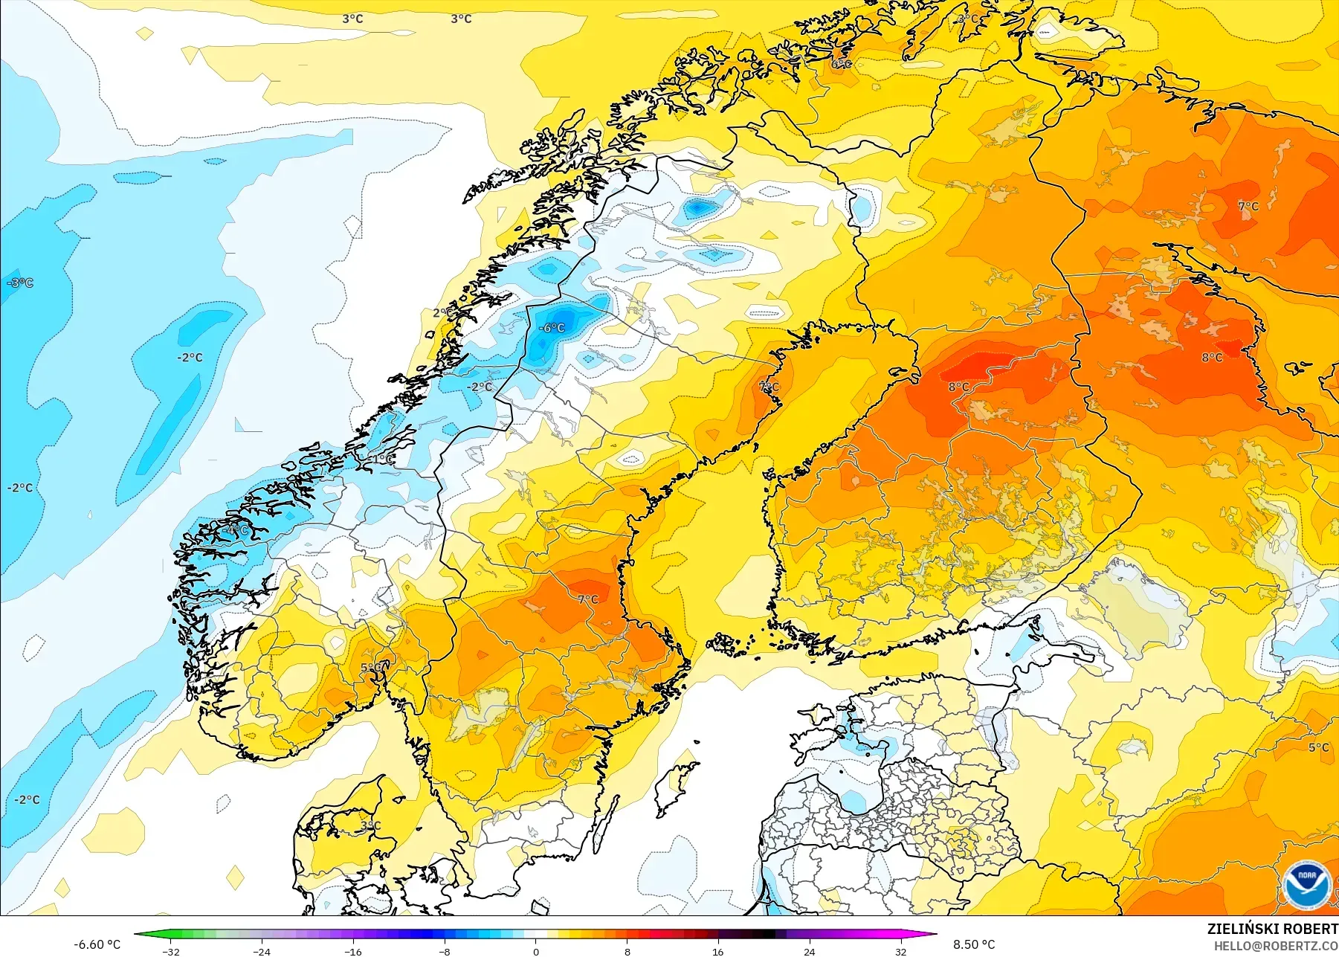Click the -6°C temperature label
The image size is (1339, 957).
coord(552,328)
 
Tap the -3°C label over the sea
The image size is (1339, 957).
coord(20,283)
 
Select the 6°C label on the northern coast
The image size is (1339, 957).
coord(841,64)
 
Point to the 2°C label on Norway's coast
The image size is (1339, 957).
coord(441,313)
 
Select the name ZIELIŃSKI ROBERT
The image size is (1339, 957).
coord(1272,929)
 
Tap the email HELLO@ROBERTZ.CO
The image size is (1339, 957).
coord(1276,946)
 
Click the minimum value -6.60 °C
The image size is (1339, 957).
coord(97,944)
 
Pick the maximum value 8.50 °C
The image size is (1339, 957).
coord(974,944)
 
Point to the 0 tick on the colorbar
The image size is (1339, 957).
coord(535,951)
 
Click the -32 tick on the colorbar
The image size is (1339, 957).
coord(171,951)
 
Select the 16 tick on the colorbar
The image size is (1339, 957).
coord(717,951)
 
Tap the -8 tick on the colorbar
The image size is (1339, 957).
coord(444,951)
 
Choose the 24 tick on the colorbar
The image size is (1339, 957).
coord(809,951)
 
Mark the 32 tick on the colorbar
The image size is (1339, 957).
coord(900,951)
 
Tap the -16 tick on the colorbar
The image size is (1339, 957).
coord(353,951)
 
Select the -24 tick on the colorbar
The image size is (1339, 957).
coord(262,951)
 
